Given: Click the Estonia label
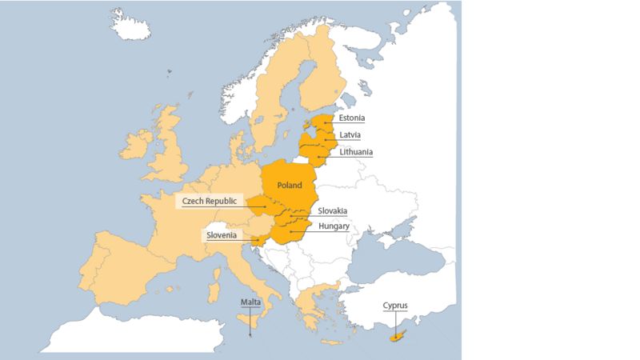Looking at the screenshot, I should pos(352,118).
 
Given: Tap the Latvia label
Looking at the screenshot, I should pos(350,134).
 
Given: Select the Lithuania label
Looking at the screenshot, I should pos(356,151).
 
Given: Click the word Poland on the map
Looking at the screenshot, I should pos(290,185).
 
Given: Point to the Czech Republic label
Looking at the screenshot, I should pos(210,202).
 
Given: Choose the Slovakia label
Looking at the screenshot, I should pos(333,210).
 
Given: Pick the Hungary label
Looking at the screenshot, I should pos(334,226).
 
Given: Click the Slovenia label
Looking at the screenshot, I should pos(221,235).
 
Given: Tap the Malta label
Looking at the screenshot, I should pos(251,302).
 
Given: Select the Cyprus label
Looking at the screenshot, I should pos(395,305).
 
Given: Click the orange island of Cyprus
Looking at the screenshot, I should pos(394,338).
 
